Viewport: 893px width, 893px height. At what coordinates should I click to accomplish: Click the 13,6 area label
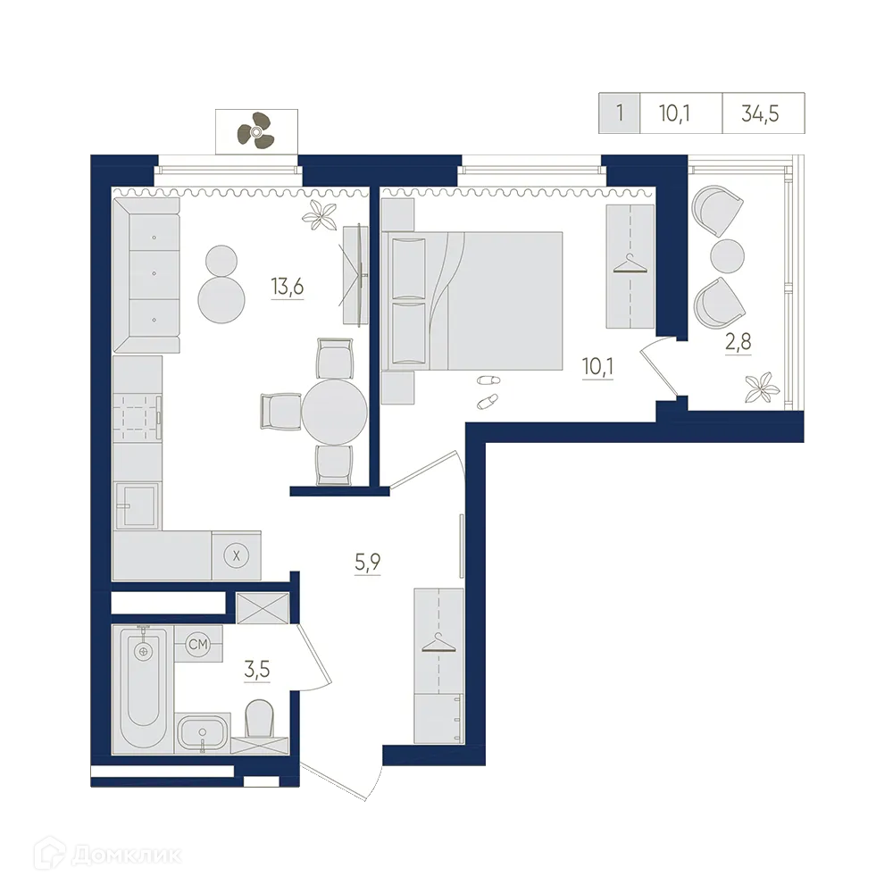[x=287, y=286]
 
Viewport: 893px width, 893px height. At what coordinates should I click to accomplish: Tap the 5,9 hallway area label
[x=367, y=562]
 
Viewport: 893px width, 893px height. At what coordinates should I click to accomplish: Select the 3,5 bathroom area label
[x=257, y=669]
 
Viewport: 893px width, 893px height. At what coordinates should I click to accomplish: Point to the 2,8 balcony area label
[x=739, y=342]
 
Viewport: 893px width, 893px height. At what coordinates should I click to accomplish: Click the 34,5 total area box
[x=764, y=113]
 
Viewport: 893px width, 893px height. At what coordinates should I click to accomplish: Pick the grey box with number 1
[x=620, y=113]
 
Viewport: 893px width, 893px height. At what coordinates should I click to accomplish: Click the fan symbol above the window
[x=255, y=131]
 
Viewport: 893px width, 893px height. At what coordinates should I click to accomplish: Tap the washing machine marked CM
[x=198, y=644]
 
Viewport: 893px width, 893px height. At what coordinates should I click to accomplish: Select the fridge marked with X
[x=237, y=555]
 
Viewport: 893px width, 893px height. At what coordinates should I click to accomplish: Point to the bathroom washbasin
[x=203, y=733]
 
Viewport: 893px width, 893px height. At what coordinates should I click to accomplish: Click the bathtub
[x=143, y=689]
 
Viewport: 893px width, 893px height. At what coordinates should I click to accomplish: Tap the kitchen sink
[x=138, y=505]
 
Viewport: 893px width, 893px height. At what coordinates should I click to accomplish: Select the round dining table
[x=335, y=412]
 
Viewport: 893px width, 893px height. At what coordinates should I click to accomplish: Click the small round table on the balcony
[x=727, y=255]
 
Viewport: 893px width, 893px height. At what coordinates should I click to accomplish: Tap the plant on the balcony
[x=763, y=388]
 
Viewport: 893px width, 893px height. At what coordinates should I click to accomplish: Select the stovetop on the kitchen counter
[x=138, y=417]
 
